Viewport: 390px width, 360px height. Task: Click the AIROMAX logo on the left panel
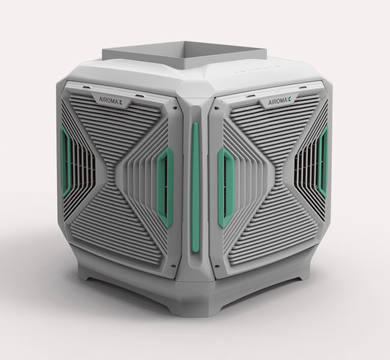coord(110,99)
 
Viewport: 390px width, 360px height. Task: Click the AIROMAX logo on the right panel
coord(280,101)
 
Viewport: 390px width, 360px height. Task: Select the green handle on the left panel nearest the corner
coord(165,187)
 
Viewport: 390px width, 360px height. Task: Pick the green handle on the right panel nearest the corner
coord(225,187)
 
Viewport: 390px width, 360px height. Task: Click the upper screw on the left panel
coord(175,108)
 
